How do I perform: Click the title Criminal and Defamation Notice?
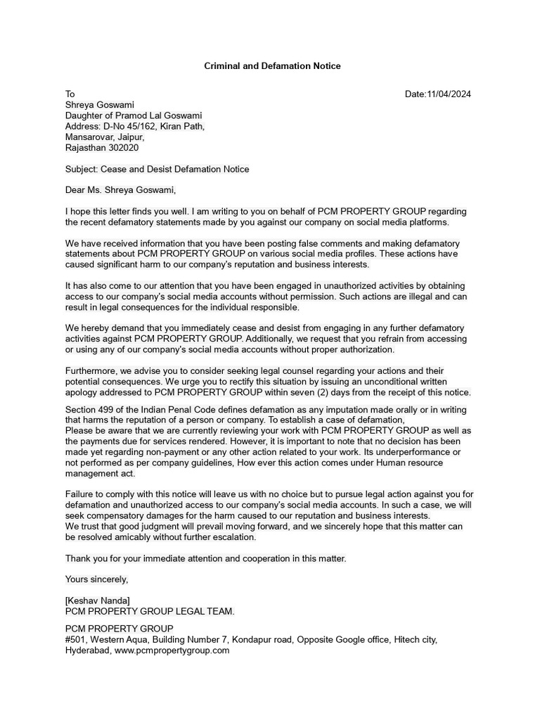(x=272, y=65)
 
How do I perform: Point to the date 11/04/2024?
(x=449, y=94)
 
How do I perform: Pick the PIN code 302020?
(x=122, y=148)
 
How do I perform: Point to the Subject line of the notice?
(x=157, y=169)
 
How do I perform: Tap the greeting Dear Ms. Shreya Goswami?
(x=120, y=189)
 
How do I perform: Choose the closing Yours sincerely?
(x=97, y=579)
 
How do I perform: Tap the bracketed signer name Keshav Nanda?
(x=98, y=600)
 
